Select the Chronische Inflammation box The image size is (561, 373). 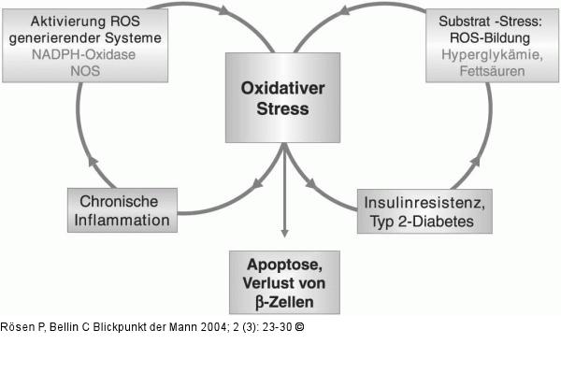pos(124,211)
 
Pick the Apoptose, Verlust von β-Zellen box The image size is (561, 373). pos(285,281)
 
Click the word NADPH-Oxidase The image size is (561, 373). pos(82,55)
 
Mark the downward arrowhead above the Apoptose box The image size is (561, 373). pos(283,240)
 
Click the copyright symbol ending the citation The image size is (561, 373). pos(299,327)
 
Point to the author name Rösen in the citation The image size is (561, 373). pos(18,327)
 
